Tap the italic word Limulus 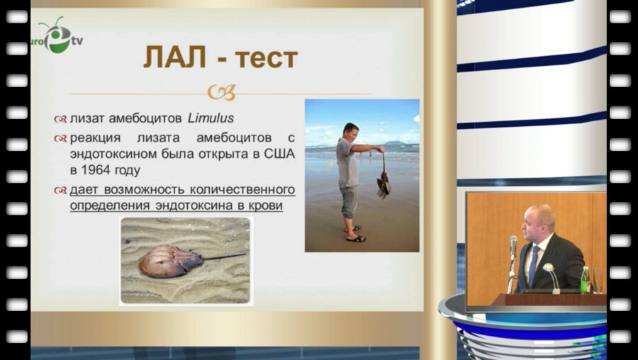(x=211, y=118)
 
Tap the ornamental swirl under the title (x=220, y=93)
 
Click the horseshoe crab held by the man (x=384, y=184)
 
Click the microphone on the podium (x=513, y=246)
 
